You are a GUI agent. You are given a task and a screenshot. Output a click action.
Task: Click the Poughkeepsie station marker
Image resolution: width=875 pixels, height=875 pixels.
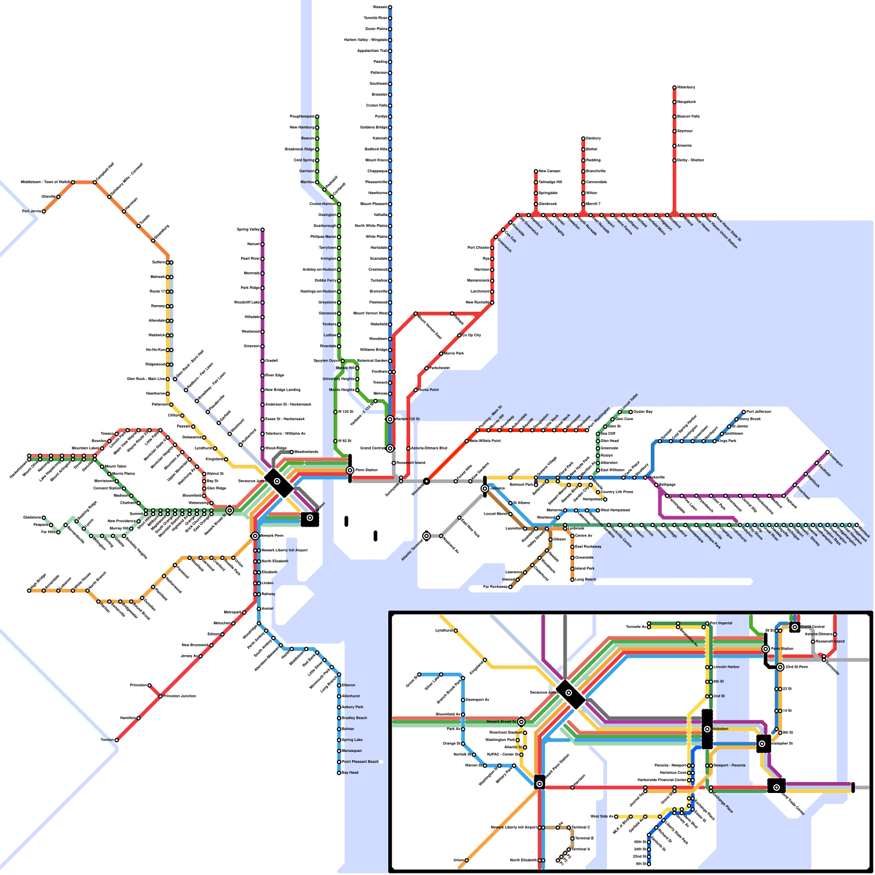pyautogui.click(x=317, y=116)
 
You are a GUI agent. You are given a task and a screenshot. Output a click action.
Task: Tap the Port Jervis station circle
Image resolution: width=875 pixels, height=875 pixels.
pyautogui.click(x=44, y=211)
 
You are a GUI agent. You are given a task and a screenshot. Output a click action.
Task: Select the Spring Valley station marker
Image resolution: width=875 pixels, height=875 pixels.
pyautogui.click(x=262, y=230)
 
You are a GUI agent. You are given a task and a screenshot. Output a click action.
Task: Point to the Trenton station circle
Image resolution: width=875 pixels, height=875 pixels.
pyautogui.click(x=116, y=740)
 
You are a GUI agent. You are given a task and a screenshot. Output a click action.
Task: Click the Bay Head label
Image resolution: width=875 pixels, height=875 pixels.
pyautogui.click(x=350, y=773)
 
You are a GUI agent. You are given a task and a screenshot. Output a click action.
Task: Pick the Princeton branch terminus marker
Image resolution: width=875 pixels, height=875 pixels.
pyautogui.click(x=149, y=685)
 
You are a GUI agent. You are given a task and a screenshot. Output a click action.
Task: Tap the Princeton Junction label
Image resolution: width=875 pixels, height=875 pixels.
pyautogui.click(x=180, y=696)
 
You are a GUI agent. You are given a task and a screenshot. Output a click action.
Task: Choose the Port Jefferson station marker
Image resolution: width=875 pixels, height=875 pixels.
pyautogui.click(x=744, y=412)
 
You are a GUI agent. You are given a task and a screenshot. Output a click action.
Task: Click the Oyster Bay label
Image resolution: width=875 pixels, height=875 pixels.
pyautogui.click(x=643, y=412)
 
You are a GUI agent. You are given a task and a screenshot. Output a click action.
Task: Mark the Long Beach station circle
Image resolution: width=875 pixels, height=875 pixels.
pyautogui.click(x=573, y=579)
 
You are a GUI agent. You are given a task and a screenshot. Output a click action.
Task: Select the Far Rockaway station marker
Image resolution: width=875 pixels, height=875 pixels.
pyautogui.click(x=510, y=587)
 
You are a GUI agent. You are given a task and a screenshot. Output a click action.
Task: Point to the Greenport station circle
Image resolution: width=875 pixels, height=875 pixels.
pyautogui.click(x=827, y=452)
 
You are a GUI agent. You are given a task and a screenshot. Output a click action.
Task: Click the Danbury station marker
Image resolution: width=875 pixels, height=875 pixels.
pyautogui.click(x=583, y=138)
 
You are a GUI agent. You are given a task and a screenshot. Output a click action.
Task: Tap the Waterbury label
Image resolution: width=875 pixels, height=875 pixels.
pyautogui.click(x=686, y=87)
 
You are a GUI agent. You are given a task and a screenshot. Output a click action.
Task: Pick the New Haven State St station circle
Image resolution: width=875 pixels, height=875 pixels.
pyautogui.click(x=714, y=215)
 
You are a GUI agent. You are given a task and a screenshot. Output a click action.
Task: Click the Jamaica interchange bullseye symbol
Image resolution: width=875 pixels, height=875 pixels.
pyautogui.click(x=485, y=488)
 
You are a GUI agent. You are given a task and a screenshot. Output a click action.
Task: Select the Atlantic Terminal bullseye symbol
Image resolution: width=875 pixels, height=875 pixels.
pyautogui.click(x=427, y=536)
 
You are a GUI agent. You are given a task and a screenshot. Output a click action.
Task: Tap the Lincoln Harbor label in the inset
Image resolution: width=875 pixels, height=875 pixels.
pyautogui.click(x=726, y=667)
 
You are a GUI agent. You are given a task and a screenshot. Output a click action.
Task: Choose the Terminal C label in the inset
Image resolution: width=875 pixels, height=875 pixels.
pyautogui.click(x=581, y=827)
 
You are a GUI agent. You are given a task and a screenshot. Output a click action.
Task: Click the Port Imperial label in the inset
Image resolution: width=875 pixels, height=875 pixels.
pyautogui.click(x=721, y=623)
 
